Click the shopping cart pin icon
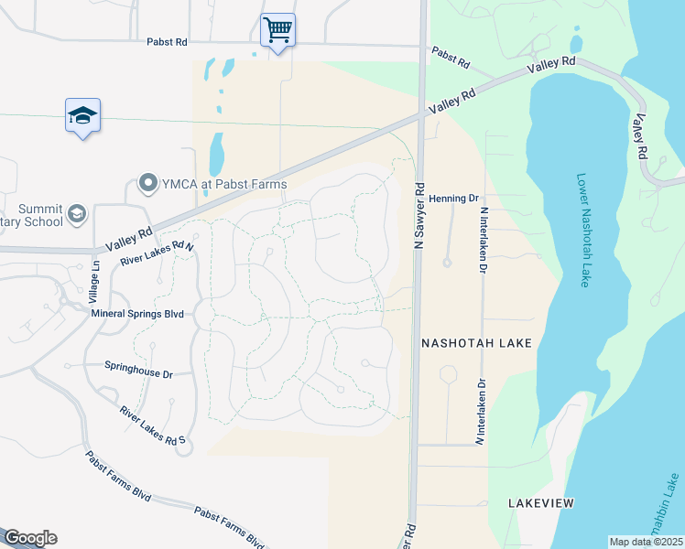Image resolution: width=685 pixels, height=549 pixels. (277, 30)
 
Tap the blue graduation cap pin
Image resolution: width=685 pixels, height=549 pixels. (82, 117)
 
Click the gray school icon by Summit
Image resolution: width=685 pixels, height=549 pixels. (78, 213)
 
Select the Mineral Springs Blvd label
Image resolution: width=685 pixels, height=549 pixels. (137, 313)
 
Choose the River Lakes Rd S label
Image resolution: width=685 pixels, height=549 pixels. (153, 426)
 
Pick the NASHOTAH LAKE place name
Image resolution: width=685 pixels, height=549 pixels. (476, 342)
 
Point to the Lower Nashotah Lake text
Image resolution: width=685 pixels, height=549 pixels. (582, 231)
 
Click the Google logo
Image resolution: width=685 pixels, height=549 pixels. (30, 538)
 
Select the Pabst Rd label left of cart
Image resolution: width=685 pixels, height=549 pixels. (166, 41)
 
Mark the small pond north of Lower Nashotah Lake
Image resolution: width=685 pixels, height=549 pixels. (576, 43)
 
